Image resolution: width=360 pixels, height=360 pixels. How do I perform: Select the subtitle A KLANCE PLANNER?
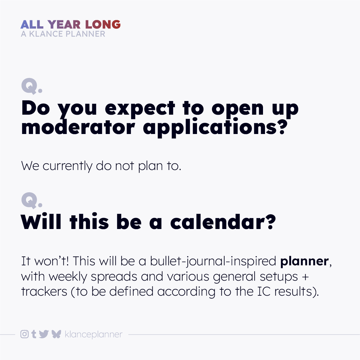point(63,34)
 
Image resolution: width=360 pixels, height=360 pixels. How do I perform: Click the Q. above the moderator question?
point(31,86)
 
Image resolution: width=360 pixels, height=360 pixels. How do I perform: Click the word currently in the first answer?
point(67,166)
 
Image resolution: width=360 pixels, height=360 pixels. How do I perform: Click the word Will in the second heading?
point(41,222)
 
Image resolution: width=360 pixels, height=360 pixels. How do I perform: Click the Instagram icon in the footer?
point(24,334)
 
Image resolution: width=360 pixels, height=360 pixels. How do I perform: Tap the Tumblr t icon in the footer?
point(34,334)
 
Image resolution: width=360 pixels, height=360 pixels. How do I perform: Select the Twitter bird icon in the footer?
point(44,334)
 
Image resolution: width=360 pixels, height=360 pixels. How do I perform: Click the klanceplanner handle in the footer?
point(94,334)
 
